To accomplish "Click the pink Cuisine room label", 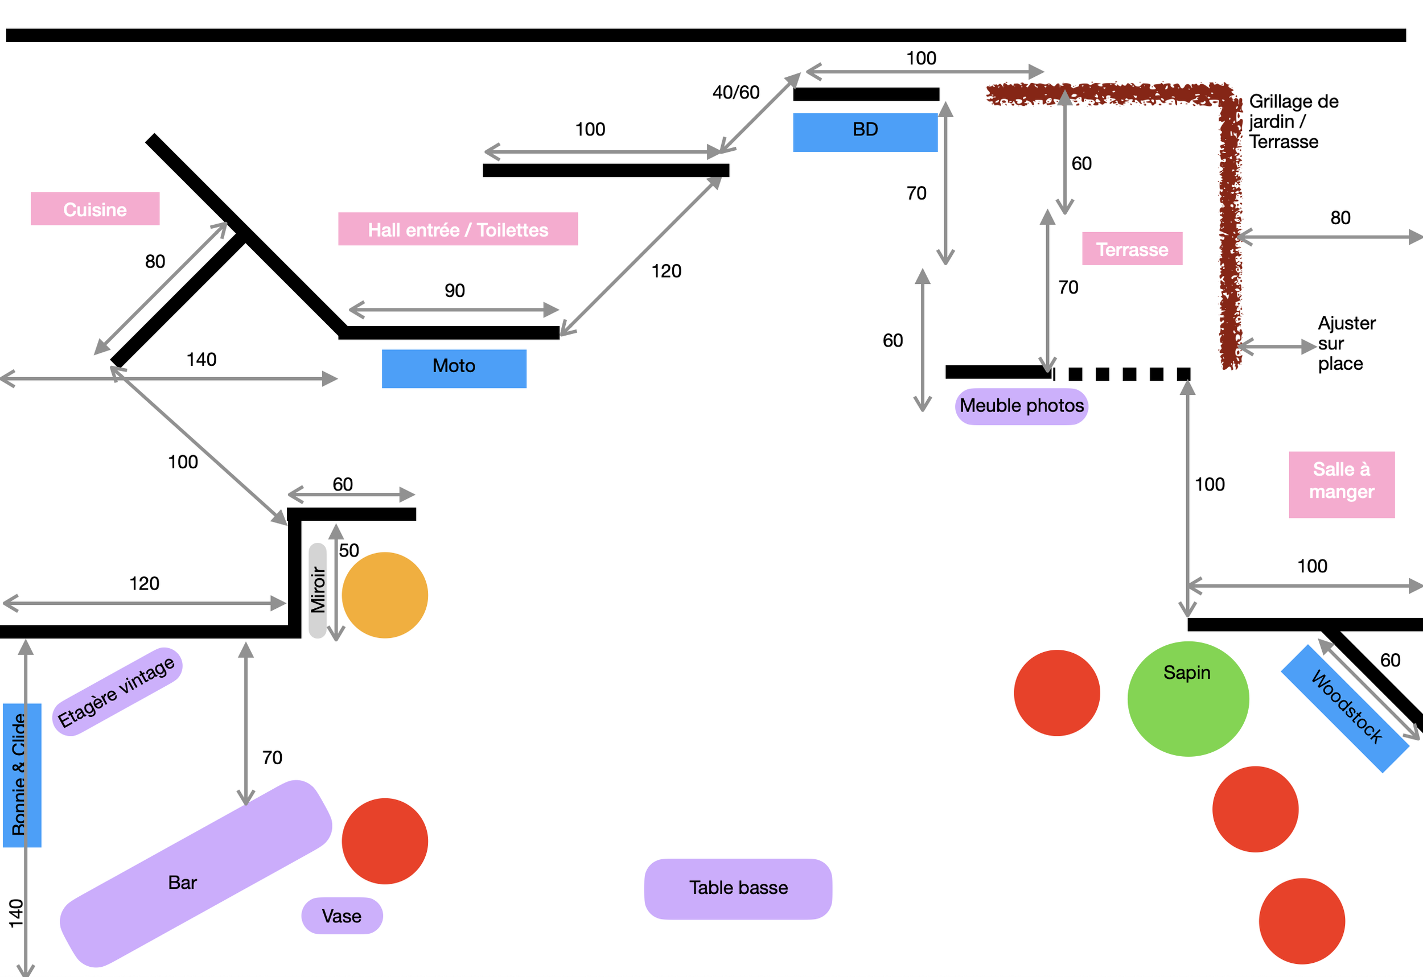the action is pos(95,209).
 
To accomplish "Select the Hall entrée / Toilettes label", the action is pos(458,229).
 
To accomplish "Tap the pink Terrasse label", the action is pos(1132,249).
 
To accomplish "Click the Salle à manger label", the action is pos(1342,485).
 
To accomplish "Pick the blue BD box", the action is pos(865,132).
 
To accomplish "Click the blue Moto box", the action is pos(454,369).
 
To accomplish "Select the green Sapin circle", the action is pos(1188,699).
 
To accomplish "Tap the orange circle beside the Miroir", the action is pos(385,595).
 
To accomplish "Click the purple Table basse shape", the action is pos(738,889).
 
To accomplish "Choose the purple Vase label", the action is pos(342,916).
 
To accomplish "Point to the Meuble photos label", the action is pos(1021,406).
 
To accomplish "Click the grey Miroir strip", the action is pos(317,590).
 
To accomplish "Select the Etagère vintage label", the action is pos(117,691).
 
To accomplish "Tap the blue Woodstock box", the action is pos(1345,708).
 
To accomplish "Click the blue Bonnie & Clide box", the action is pos(22,775).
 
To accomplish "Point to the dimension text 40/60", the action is pos(735,92).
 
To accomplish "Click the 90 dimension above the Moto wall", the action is pos(454,290).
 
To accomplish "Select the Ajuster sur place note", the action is pos(1347,343).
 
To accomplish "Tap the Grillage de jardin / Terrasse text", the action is pos(1293,121).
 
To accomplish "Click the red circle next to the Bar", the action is pos(385,841).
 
